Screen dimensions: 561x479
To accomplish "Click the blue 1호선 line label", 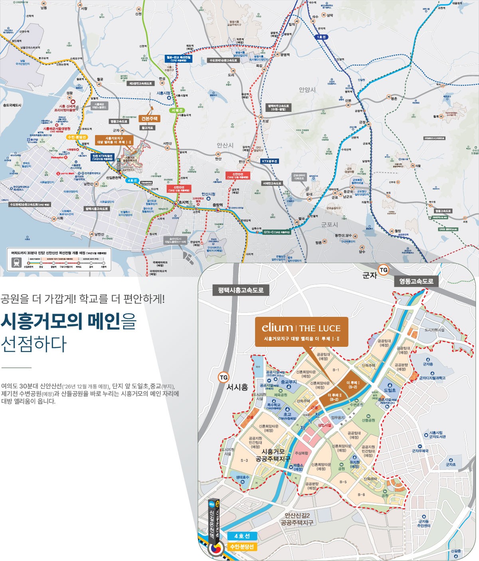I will [x=321, y=37].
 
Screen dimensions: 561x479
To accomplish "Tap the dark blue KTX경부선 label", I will [x=269, y=161].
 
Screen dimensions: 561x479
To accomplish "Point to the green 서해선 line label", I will [x=176, y=110].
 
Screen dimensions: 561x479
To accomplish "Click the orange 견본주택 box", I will [x=149, y=119].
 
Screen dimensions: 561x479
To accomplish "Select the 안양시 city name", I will [x=307, y=90].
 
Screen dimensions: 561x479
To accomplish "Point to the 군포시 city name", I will [x=329, y=225].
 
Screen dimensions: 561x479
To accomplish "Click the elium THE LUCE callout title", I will [x=301, y=328].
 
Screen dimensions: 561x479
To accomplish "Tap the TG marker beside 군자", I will [x=383, y=270].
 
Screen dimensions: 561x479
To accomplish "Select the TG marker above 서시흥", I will [x=224, y=377].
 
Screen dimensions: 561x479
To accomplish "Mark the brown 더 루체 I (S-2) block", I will [x=352, y=384].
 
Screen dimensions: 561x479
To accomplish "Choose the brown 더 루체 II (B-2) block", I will [x=334, y=396].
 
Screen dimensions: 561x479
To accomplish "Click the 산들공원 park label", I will [x=368, y=420].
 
